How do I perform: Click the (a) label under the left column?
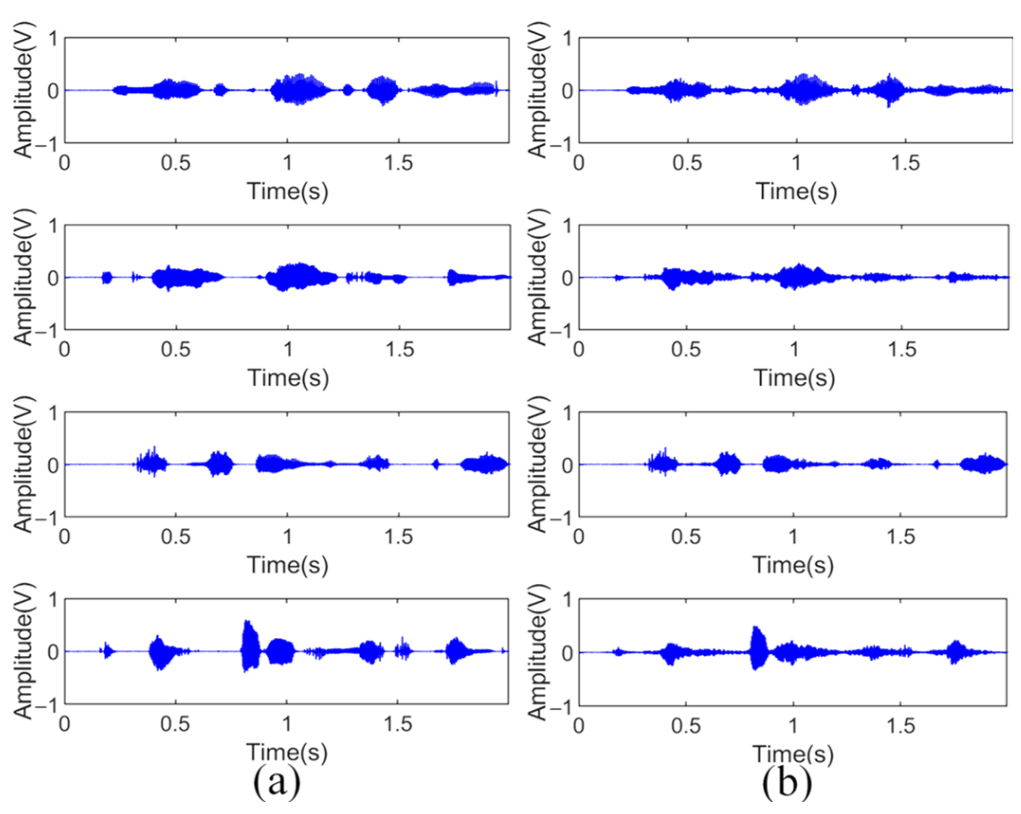[277, 783]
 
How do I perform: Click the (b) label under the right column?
[787, 783]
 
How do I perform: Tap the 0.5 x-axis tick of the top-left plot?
[175, 163]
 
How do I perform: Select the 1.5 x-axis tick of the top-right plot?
[905, 163]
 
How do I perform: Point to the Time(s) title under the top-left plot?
[288, 191]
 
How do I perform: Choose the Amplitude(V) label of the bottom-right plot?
[537, 652]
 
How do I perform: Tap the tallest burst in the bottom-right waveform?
[758, 648]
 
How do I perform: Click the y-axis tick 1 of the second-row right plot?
[567, 226]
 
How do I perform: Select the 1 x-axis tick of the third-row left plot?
[287, 537]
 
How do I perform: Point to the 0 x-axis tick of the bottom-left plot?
[64, 724]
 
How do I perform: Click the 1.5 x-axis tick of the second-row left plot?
[400, 350]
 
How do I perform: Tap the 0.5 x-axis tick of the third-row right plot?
[686, 537]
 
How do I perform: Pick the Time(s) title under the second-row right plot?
[794, 378]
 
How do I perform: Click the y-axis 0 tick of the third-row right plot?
[567, 465]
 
